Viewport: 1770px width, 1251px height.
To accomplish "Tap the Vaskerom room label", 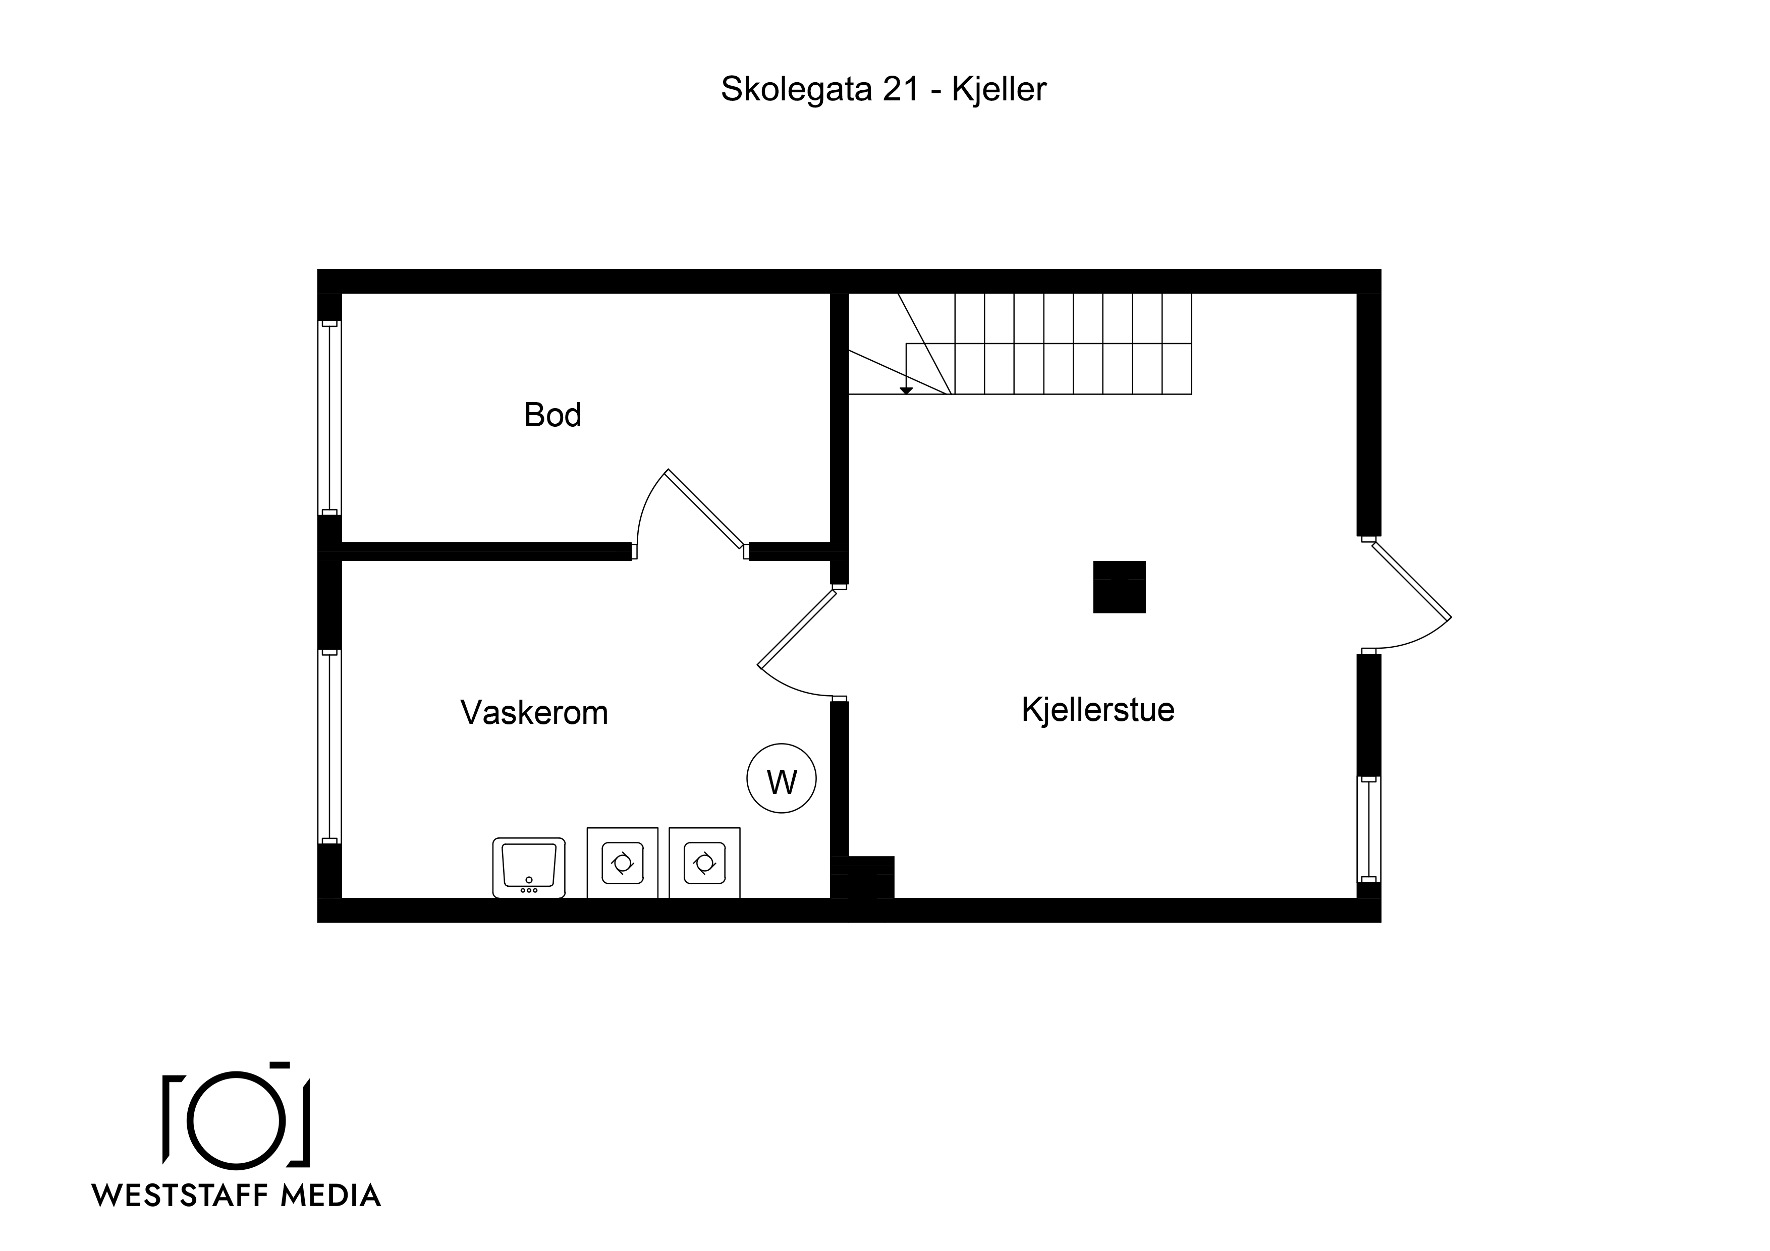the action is point(534,713).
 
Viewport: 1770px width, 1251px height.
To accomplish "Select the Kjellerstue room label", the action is point(1098,710).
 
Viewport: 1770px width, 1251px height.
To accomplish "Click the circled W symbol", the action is point(782,778).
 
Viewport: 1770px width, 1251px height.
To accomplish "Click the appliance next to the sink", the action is point(622,863).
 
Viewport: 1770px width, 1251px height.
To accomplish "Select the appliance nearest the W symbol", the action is point(704,863).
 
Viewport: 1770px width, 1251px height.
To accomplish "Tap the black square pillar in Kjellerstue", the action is point(1119,587).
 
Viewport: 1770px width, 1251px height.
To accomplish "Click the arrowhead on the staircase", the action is point(907,391).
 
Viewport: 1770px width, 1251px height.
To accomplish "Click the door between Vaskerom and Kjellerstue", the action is point(798,628).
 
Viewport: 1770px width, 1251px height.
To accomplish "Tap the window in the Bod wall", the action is point(330,418).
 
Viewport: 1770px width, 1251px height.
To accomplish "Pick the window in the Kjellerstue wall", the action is point(1369,829).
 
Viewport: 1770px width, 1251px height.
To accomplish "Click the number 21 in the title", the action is point(901,89).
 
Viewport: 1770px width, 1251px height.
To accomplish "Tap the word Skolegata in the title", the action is point(797,89).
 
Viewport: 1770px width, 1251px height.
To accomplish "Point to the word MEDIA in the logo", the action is point(330,1196).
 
